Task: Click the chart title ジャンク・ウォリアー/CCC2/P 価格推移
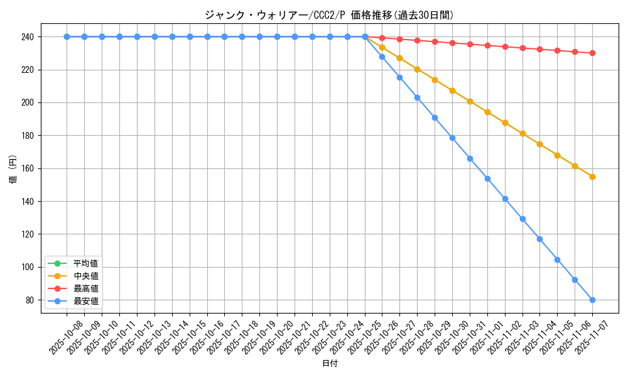(329, 15)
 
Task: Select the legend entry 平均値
(85, 263)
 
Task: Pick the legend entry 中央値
(85, 276)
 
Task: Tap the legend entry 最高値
(85, 288)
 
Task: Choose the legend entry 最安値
(85, 301)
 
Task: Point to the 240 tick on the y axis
(28, 37)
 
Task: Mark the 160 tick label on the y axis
(28, 168)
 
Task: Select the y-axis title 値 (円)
(13, 170)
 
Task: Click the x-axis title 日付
(330, 364)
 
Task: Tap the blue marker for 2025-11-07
(592, 300)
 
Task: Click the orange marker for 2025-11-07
(592, 177)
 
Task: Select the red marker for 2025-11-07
(592, 53)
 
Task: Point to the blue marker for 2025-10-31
(470, 158)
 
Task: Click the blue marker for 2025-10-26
(382, 57)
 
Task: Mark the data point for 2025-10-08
(67, 36)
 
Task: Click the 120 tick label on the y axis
(28, 234)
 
